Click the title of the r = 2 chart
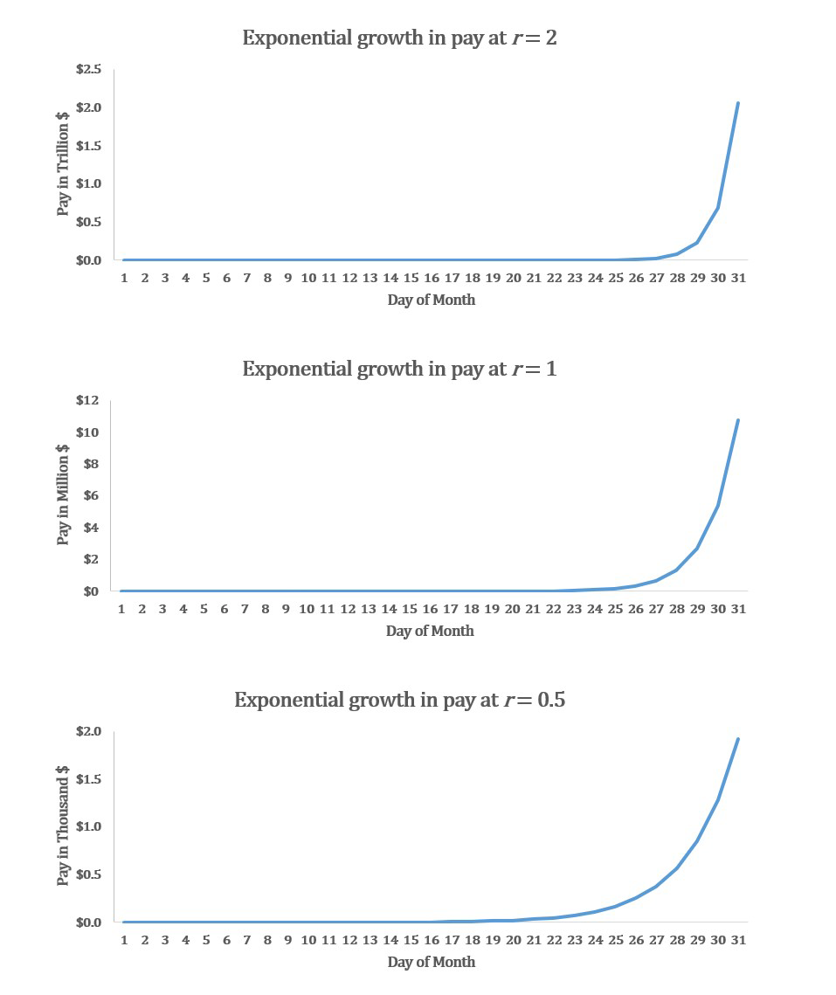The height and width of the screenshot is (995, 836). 399,38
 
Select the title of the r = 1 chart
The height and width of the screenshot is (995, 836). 399,369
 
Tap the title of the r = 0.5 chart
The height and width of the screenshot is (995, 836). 399,700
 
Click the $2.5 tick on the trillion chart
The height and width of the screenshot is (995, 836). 88,69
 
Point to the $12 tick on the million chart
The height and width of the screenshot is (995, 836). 87,400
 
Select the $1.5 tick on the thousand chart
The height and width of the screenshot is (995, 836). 88,779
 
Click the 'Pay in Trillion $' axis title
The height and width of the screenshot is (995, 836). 64,164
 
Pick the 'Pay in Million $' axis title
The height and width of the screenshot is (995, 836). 63,494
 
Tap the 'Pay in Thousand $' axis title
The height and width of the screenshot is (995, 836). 63,826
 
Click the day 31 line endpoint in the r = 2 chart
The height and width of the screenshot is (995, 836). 738,103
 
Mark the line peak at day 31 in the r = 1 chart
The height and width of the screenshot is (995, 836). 738,420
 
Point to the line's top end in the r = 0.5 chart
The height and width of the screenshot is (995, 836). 738,739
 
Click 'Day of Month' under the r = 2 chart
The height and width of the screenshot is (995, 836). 432,300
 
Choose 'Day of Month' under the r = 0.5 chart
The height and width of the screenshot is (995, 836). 432,962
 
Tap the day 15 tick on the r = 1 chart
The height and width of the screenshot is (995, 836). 410,609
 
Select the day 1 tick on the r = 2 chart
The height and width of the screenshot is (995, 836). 124,278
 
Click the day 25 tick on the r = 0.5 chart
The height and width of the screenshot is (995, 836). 615,940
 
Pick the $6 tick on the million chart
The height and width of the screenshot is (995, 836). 91,495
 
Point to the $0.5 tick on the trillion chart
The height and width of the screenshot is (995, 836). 88,222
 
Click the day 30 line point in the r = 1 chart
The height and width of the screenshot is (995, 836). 718,505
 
